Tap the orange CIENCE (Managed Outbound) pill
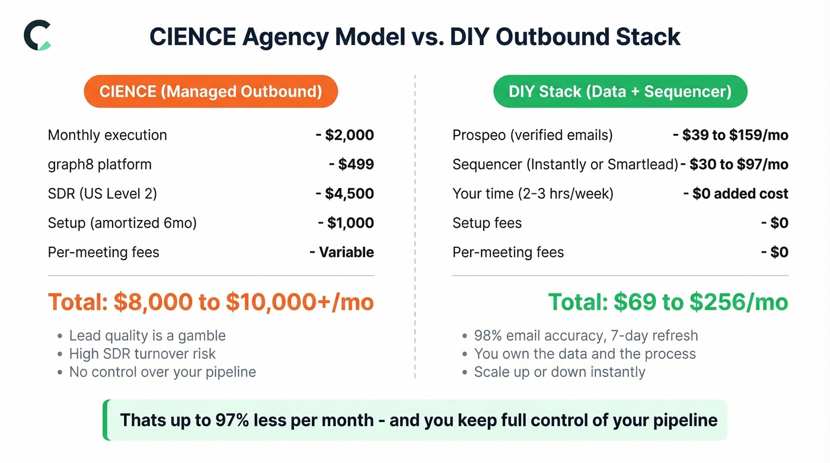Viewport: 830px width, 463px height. [210, 91]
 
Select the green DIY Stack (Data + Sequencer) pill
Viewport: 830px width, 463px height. [620, 91]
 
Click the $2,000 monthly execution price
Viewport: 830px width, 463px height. [349, 135]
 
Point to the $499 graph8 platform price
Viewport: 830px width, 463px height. [356, 164]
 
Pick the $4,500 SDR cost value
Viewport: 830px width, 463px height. [349, 194]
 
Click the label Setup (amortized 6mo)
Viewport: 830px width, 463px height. [122, 223]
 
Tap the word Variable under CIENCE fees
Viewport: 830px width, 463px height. [346, 253]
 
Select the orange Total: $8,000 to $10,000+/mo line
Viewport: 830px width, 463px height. [210, 302]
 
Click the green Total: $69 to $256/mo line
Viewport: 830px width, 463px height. [668, 302]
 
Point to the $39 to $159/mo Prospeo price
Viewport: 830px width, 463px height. [735, 135]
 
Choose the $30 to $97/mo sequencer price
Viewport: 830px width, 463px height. [739, 164]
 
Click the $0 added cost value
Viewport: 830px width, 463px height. [740, 194]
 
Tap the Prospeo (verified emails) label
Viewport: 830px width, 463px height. [532, 135]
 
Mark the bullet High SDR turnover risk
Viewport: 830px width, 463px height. [142, 354]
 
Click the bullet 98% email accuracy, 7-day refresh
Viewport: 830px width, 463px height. [586, 336]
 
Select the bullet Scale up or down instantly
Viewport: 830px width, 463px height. [559, 372]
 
